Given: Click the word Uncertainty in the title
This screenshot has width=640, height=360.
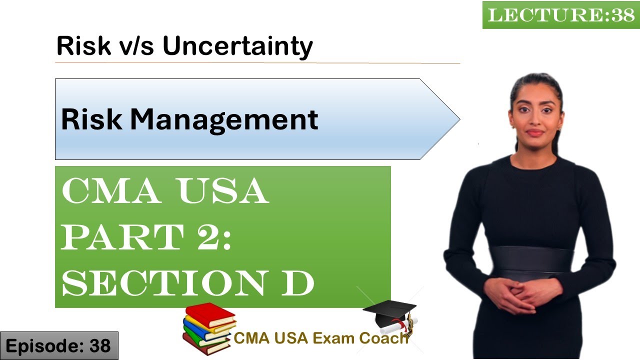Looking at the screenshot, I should point(237,46).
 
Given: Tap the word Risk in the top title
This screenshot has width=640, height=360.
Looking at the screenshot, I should point(83,46).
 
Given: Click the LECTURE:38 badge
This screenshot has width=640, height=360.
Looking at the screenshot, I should point(560,15).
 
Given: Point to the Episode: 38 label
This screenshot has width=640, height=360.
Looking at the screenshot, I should point(58,345).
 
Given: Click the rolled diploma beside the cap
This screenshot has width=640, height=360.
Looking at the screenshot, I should point(400,325).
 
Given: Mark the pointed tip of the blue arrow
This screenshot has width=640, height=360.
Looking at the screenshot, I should point(458,119).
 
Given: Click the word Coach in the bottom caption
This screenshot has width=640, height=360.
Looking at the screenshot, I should point(387,338).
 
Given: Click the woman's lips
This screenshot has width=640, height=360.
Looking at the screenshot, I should point(534,133).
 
